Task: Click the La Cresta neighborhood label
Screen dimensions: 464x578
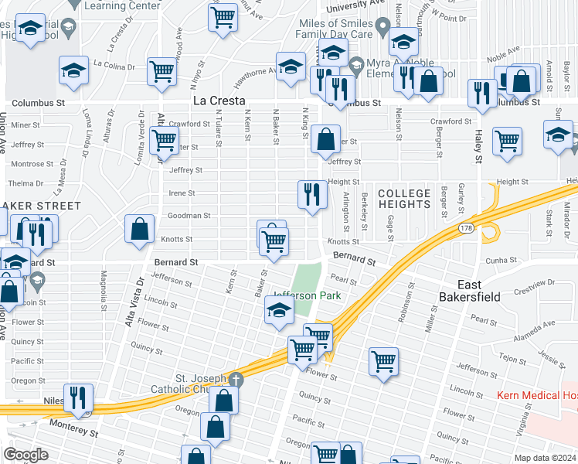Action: (219, 101)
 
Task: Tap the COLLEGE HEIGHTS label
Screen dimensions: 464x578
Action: (404, 199)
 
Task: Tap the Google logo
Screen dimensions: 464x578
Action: (25, 454)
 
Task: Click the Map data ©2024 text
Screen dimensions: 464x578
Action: (546, 458)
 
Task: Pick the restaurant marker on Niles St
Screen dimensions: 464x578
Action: (78, 397)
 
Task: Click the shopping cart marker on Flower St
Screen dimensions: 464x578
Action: (384, 360)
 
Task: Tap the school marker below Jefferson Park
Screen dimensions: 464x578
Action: (279, 312)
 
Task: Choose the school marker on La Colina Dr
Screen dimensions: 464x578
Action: (74, 70)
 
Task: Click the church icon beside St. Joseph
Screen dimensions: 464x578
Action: (236, 380)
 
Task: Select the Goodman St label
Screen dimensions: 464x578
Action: (189, 216)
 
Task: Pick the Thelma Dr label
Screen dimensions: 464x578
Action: (25, 183)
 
